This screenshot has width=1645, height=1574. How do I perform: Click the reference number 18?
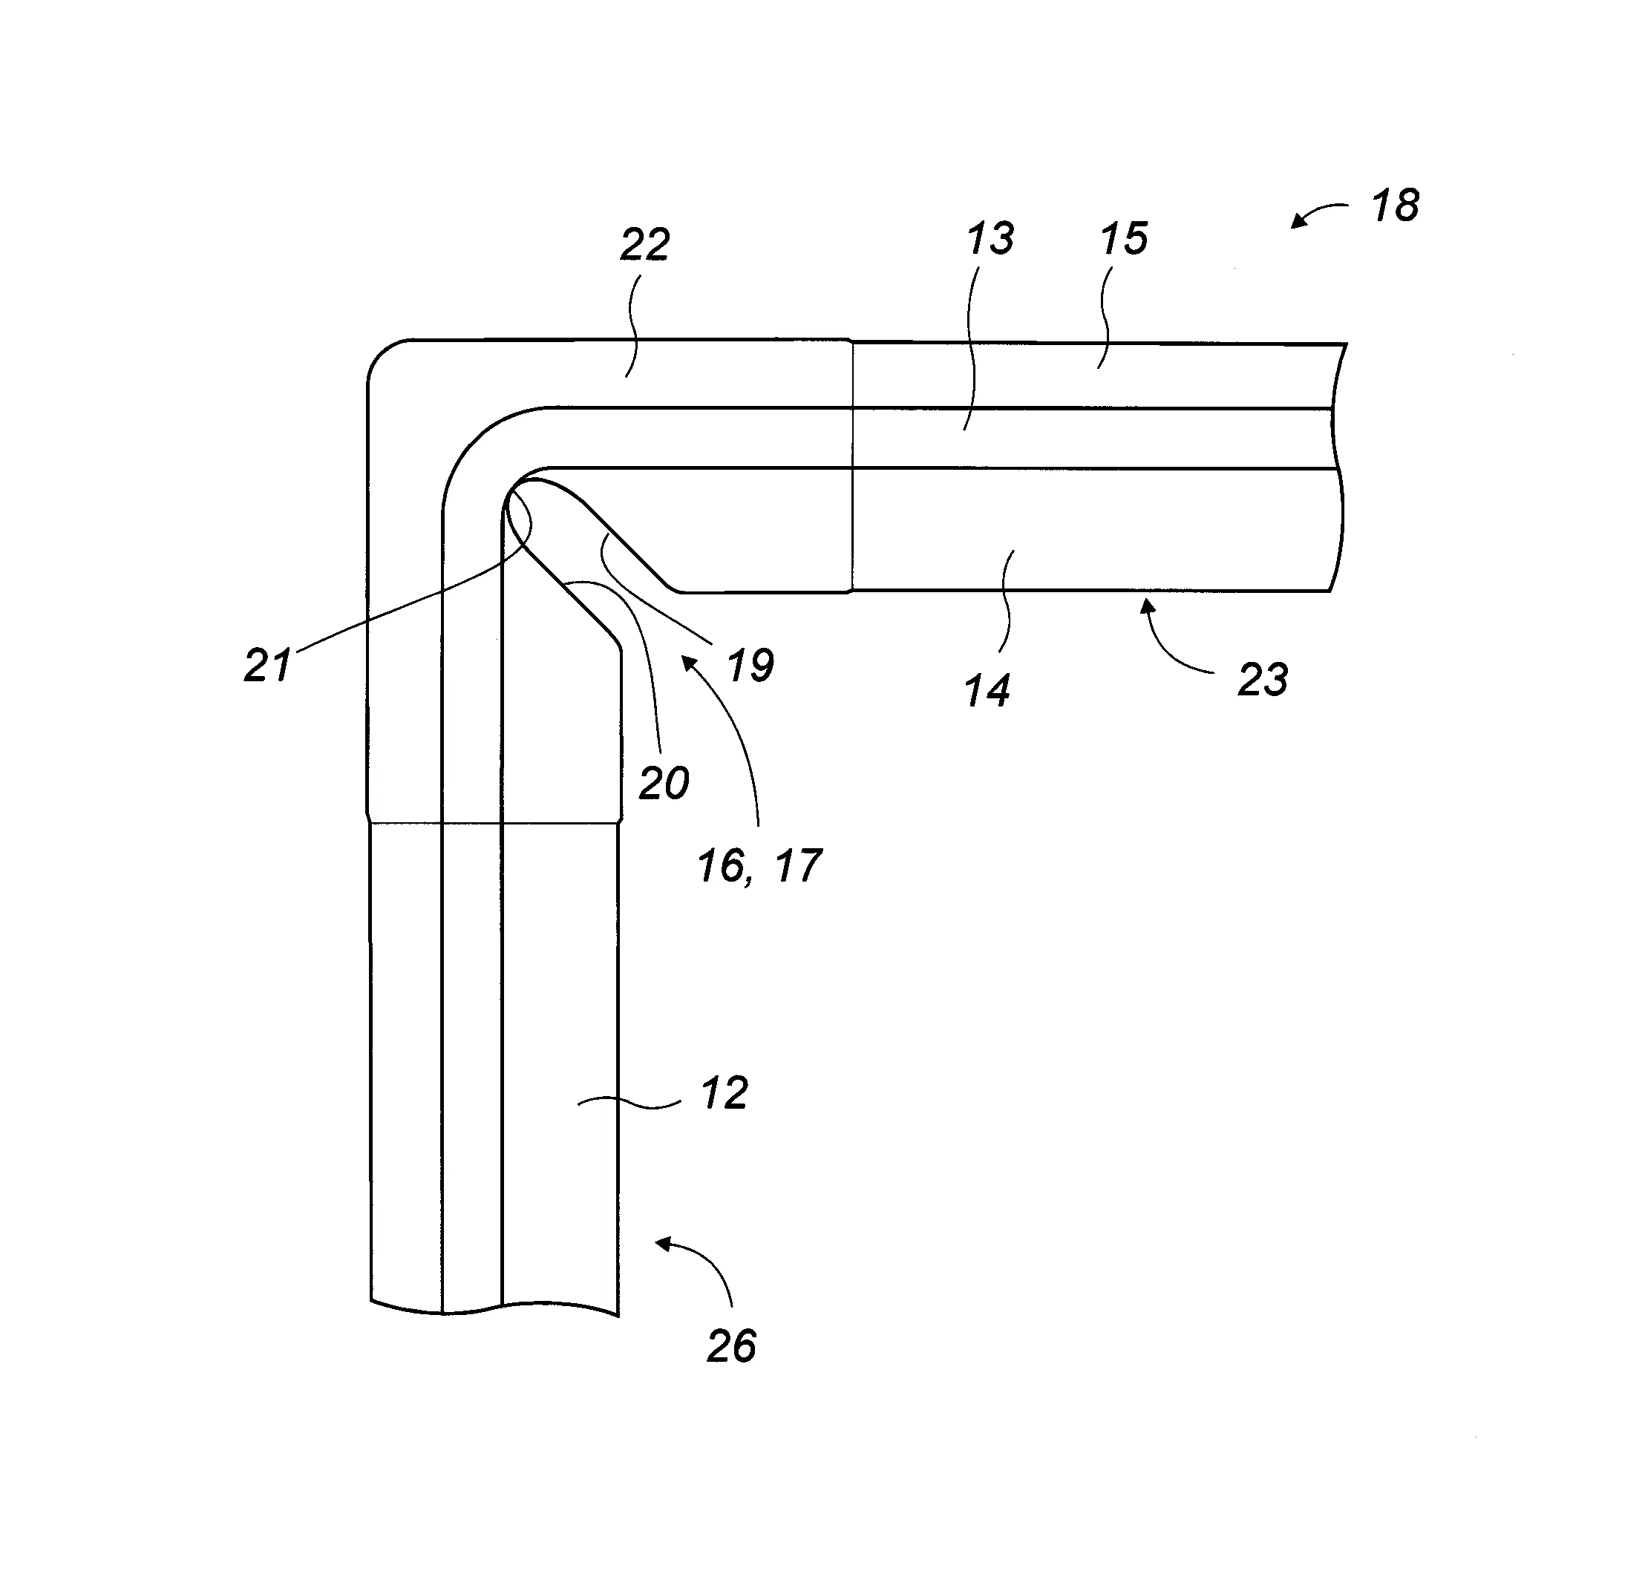coord(1395,206)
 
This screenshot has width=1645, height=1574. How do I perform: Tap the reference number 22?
coord(644,245)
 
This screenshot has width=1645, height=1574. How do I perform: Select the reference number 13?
coord(990,239)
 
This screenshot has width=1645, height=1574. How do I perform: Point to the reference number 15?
coord(1124,239)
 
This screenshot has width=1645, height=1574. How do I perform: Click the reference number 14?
coord(987,692)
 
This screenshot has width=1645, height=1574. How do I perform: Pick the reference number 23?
coord(1263,680)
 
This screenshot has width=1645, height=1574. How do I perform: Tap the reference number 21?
coord(268,666)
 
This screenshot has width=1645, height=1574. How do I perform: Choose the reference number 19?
coord(750,666)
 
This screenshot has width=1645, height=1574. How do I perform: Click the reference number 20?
coord(664,784)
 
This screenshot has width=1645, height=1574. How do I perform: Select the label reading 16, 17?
coord(759,866)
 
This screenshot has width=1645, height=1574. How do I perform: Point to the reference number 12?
coord(724,1094)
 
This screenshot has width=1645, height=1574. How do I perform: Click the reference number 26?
coord(732,1347)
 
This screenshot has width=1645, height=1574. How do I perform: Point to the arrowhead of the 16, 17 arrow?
coord(684,659)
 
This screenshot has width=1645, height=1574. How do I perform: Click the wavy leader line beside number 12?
coord(629,1104)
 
